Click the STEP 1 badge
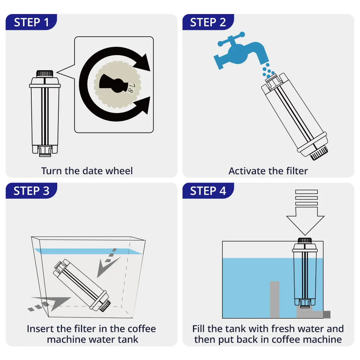31,22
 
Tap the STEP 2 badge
208,22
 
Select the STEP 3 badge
31,191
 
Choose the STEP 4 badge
208,191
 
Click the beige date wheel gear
117,85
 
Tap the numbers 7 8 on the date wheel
131,88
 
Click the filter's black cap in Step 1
45,73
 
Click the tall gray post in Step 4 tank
274,299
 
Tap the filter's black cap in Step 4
305,241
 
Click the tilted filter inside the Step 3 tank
81,284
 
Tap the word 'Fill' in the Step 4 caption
200,329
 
